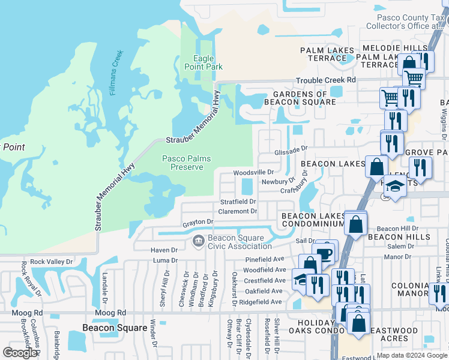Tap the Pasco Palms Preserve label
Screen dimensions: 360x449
[183, 163]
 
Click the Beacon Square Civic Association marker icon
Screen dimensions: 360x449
[198, 241]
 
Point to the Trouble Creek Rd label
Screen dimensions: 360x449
[325, 80]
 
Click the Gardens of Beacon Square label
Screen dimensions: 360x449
[304, 98]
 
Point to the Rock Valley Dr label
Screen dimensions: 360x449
[51, 262]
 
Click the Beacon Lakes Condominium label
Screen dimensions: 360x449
[312, 220]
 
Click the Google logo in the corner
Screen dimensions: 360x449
[20, 353]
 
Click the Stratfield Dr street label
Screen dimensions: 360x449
[238, 202]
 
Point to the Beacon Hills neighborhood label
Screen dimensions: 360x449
[399, 237]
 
